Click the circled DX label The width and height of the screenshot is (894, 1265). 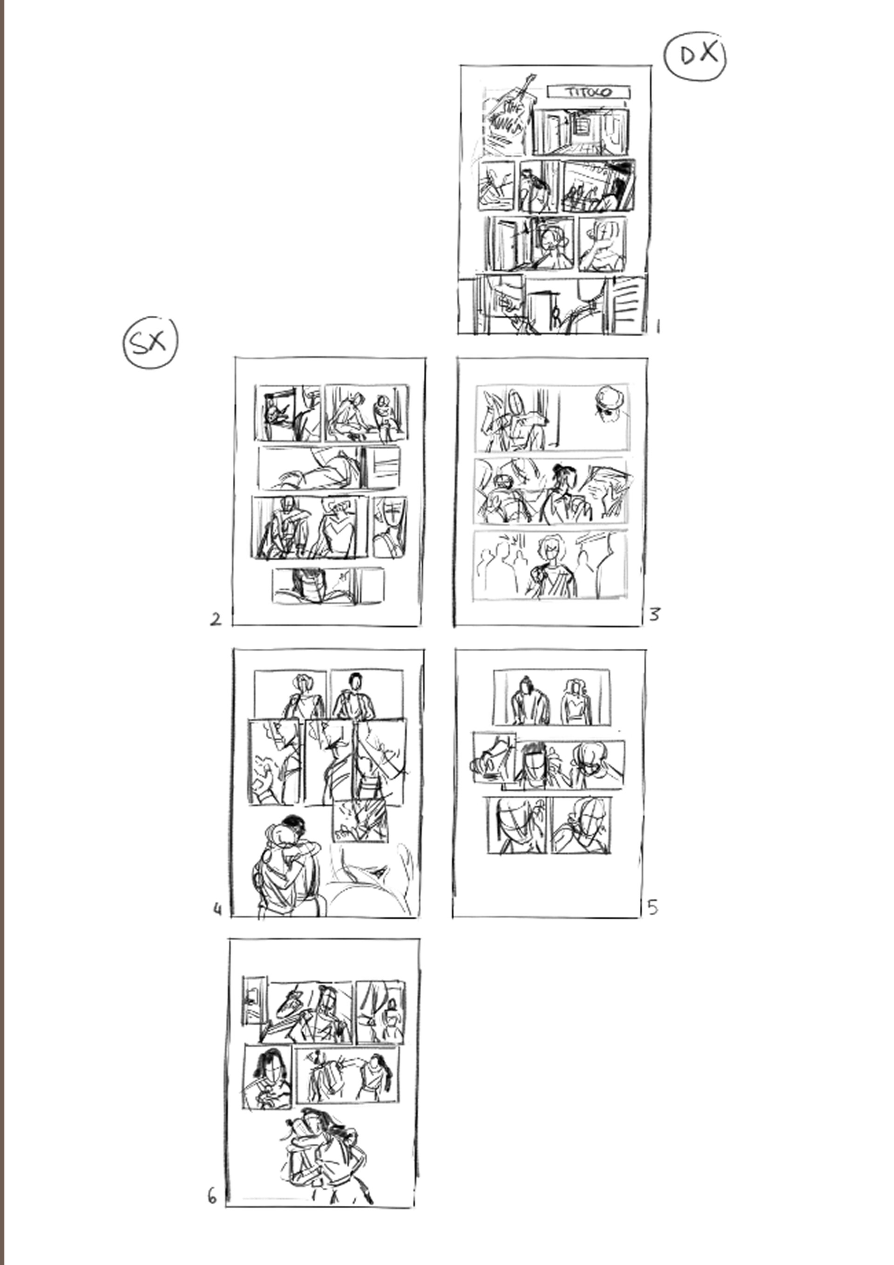tap(695, 56)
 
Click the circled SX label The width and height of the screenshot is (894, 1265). tap(150, 343)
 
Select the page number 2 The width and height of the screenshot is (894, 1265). tap(216, 619)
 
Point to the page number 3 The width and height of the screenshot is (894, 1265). tap(654, 614)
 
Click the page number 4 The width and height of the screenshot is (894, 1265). tap(217, 909)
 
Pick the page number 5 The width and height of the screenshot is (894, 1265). tap(653, 907)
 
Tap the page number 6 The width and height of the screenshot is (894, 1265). tap(212, 1196)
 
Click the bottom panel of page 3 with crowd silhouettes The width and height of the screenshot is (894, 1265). tap(550, 564)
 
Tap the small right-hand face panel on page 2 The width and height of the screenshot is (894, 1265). tap(390, 527)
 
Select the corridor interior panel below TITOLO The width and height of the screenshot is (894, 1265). tap(581, 132)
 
